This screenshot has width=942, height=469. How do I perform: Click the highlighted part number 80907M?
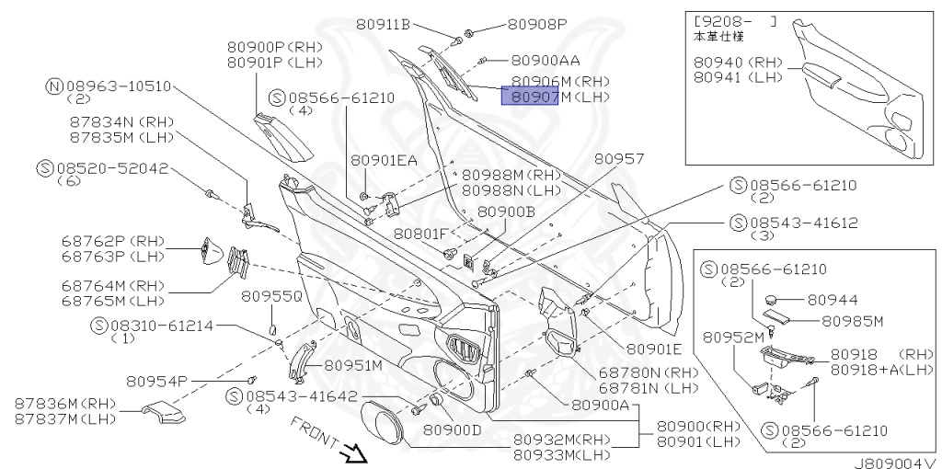click(x=530, y=97)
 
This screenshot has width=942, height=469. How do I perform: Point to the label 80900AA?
click(x=546, y=60)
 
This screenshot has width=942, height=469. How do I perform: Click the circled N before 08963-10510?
click(x=54, y=86)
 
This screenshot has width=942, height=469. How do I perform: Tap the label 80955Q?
click(x=271, y=296)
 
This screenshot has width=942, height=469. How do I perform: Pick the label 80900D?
click(x=452, y=429)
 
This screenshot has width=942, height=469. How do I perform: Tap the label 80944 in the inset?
click(x=833, y=300)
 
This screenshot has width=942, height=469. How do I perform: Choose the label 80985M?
click(x=852, y=321)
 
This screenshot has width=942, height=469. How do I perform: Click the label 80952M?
click(x=733, y=337)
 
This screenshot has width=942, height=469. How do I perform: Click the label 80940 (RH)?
click(x=738, y=63)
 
